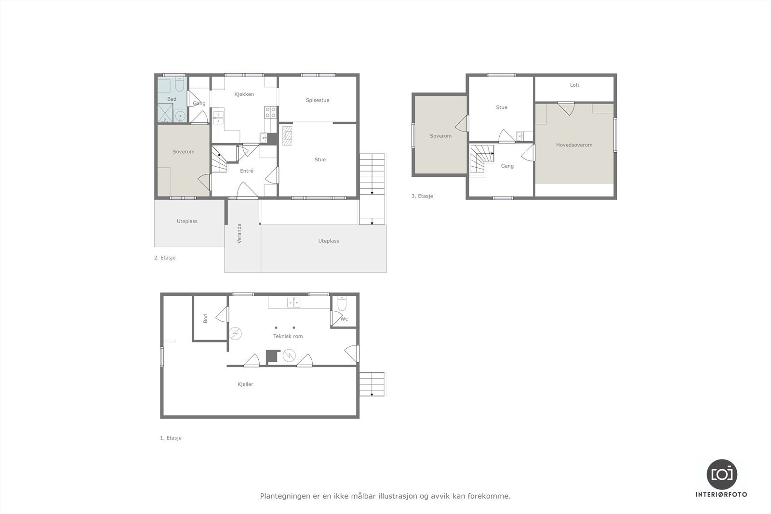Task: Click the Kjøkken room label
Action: coord(244,94)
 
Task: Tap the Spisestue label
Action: coord(317,100)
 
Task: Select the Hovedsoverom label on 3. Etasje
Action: coord(574,145)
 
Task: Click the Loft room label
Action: coord(574,85)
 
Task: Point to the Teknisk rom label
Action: coord(288,336)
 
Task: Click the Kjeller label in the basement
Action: coord(245,384)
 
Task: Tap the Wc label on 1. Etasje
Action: coord(344,319)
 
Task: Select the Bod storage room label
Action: coord(206,318)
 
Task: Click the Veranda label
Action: coord(239,233)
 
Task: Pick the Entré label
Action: coord(246,171)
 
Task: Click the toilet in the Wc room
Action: coord(342,303)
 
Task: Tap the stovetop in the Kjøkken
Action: coord(270,112)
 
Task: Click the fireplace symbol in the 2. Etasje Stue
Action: coord(287,135)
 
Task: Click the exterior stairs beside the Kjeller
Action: coord(372,384)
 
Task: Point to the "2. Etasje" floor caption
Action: coord(165,258)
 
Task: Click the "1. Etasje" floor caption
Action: coord(171,438)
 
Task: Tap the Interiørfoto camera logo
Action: coord(721,474)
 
